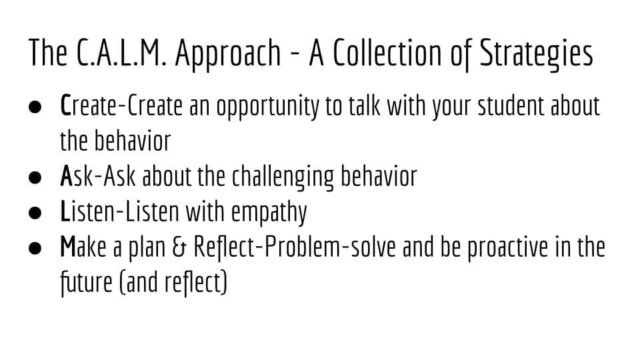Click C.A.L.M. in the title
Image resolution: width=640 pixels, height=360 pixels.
pos(121,53)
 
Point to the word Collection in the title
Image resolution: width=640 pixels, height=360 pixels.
pos(388,53)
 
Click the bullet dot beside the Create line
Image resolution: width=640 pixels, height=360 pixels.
pos(35,107)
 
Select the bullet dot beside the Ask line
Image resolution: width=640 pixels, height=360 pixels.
pos(35,177)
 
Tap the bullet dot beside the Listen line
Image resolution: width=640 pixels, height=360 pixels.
pos(35,213)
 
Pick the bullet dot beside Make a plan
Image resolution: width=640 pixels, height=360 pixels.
pos(35,248)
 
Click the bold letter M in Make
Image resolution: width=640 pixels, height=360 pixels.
pos(68,247)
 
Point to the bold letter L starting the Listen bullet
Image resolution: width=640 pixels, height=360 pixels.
pos(65,211)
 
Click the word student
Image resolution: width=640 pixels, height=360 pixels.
pos(511,105)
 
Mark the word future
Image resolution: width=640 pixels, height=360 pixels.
pos(86,283)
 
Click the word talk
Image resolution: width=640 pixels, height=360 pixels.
pos(365,105)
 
